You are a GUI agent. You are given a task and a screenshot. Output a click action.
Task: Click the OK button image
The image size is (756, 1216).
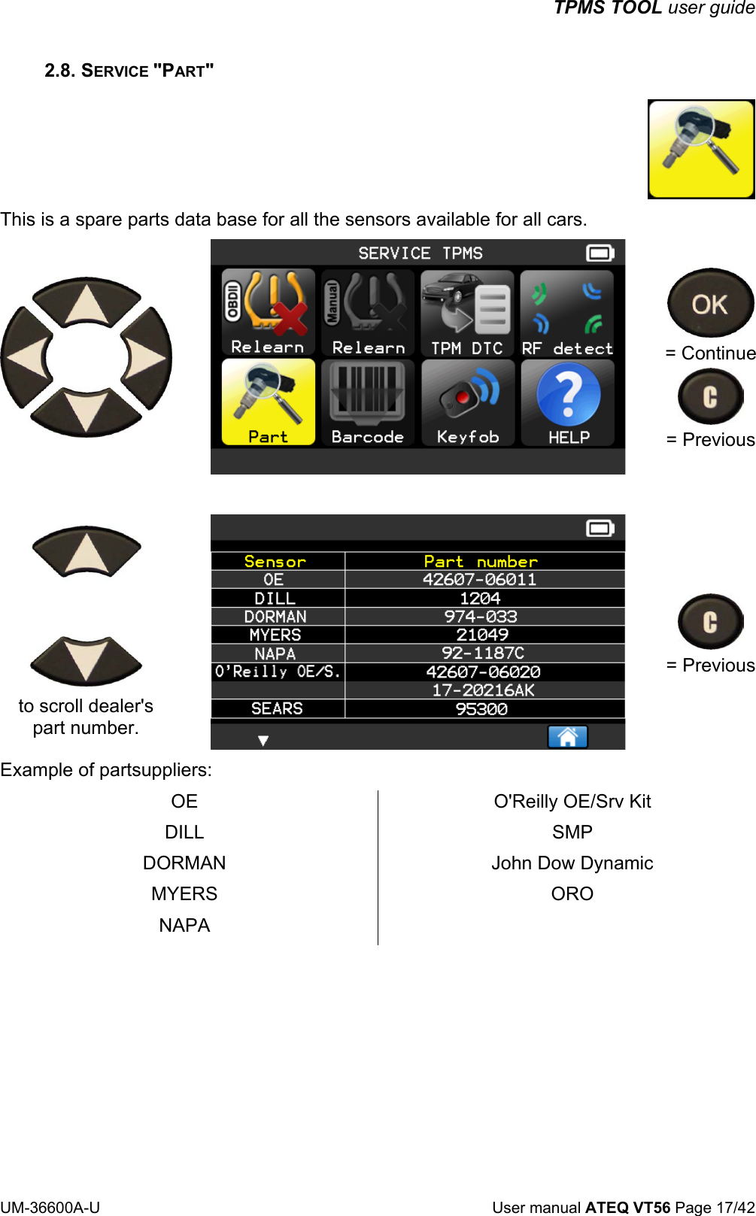click(x=710, y=303)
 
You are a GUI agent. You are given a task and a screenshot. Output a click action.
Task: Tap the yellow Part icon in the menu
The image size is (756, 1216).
click(x=268, y=402)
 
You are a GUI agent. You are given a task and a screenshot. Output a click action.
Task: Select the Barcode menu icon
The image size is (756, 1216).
click(x=368, y=402)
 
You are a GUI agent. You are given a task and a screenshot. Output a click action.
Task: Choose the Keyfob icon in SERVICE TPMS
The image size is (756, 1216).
click(x=468, y=402)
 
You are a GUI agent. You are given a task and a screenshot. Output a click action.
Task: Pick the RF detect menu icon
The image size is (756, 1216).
click(x=568, y=312)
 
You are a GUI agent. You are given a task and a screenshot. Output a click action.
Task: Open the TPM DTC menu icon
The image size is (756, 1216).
click(x=467, y=312)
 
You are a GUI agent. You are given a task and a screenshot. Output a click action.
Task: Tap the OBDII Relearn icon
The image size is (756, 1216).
click(x=268, y=312)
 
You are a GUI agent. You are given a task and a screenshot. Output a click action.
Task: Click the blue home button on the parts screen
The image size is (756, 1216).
click(x=567, y=737)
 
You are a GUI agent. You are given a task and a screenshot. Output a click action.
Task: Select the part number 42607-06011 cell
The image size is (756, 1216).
click(x=480, y=580)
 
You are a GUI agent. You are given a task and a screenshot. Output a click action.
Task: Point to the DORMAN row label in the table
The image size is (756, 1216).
click(x=275, y=617)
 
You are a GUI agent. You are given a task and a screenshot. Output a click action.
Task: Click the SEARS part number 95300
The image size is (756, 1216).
click(x=481, y=709)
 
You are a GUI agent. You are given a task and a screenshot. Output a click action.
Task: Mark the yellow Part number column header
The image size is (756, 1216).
click(x=481, y=562)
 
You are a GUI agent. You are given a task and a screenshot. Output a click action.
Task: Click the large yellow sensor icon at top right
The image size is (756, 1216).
click(x=700, y=149)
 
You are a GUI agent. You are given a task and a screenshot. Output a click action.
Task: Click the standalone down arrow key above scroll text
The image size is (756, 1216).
click(x=86, y=660)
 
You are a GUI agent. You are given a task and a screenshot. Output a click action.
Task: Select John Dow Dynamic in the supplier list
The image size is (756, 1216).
click(x=572, y=863)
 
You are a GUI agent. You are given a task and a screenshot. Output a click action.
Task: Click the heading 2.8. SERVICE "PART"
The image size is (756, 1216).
click(x=129, y=71)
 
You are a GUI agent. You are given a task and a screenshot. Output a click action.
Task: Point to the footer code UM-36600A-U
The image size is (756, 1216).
click(x=50, y=1207)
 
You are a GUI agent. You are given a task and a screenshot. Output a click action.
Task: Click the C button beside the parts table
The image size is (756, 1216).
click(x=710, y=622)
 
